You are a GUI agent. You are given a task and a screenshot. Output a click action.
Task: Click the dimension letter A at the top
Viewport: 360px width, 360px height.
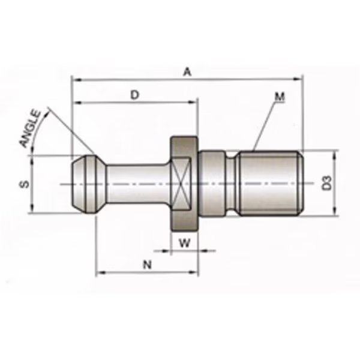[187, 72]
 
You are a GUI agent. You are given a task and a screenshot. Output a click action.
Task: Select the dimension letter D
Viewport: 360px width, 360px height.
[134, 95]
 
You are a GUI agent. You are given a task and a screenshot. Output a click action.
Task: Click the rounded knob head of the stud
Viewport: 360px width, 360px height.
[84, 183]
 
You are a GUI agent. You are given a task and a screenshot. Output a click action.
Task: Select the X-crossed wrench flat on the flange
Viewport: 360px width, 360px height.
[184, 183]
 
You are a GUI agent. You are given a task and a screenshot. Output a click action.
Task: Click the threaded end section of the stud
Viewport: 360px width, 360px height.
[270, 183]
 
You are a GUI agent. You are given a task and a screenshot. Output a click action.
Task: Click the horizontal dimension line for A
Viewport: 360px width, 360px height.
[240, 78]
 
